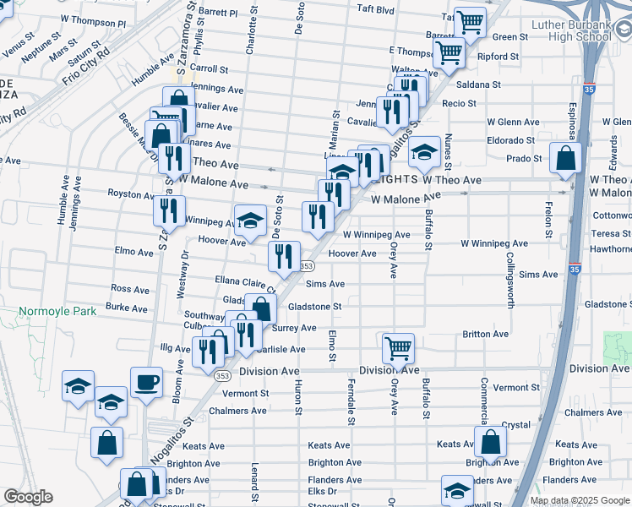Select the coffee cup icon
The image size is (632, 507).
[x=146, y=381]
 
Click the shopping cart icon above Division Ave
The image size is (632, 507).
[x=397, y=347]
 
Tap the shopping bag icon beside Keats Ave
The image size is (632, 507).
[x=490, y=441]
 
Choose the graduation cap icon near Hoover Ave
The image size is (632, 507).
[x=249, y=220]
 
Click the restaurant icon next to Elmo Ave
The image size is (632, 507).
[x=284, y=256]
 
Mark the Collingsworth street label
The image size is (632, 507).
[x=509, y=278]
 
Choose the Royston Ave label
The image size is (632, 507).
[x=130, y=194]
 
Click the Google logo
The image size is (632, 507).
[x=28, y=497]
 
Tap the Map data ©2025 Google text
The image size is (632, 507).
[x=580, y=500]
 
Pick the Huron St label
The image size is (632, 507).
[x=298, y=396]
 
